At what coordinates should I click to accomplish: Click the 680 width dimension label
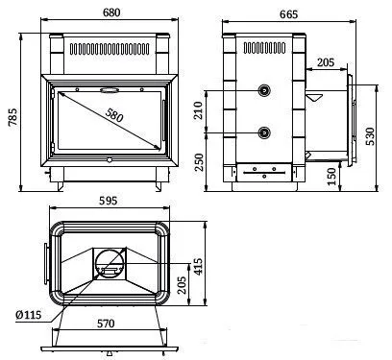tap(111, 12)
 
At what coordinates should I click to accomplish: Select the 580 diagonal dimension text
tap(113, 114)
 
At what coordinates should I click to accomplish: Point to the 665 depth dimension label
tap(288, 14)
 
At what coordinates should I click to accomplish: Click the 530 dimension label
tap(370, 136)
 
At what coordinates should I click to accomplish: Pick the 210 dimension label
tap(199, 110)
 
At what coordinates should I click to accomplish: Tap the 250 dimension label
tap(199, 162)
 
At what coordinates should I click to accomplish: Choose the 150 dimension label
tap(332, 176)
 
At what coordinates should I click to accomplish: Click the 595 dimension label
tap(109, 201)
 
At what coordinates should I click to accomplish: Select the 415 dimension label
tap(199, 266)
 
